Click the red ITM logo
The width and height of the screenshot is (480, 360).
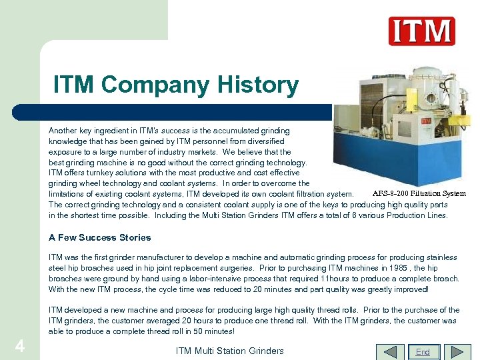(x=421, y=31)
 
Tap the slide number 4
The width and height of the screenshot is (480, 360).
(x=20, y=347)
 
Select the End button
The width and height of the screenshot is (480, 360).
(x=423, y=351)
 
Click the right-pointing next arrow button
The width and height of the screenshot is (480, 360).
(x=457, y=351)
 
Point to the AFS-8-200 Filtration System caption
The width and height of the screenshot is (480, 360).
(x=419, y=193)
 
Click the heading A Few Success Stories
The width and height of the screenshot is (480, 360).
(x=100, y=237)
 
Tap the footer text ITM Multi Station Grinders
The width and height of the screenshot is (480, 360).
(x=229, y=351)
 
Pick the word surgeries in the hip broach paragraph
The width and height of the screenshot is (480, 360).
(x=217, y=268)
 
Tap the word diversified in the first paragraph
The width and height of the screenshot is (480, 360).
(x=262, y=141)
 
